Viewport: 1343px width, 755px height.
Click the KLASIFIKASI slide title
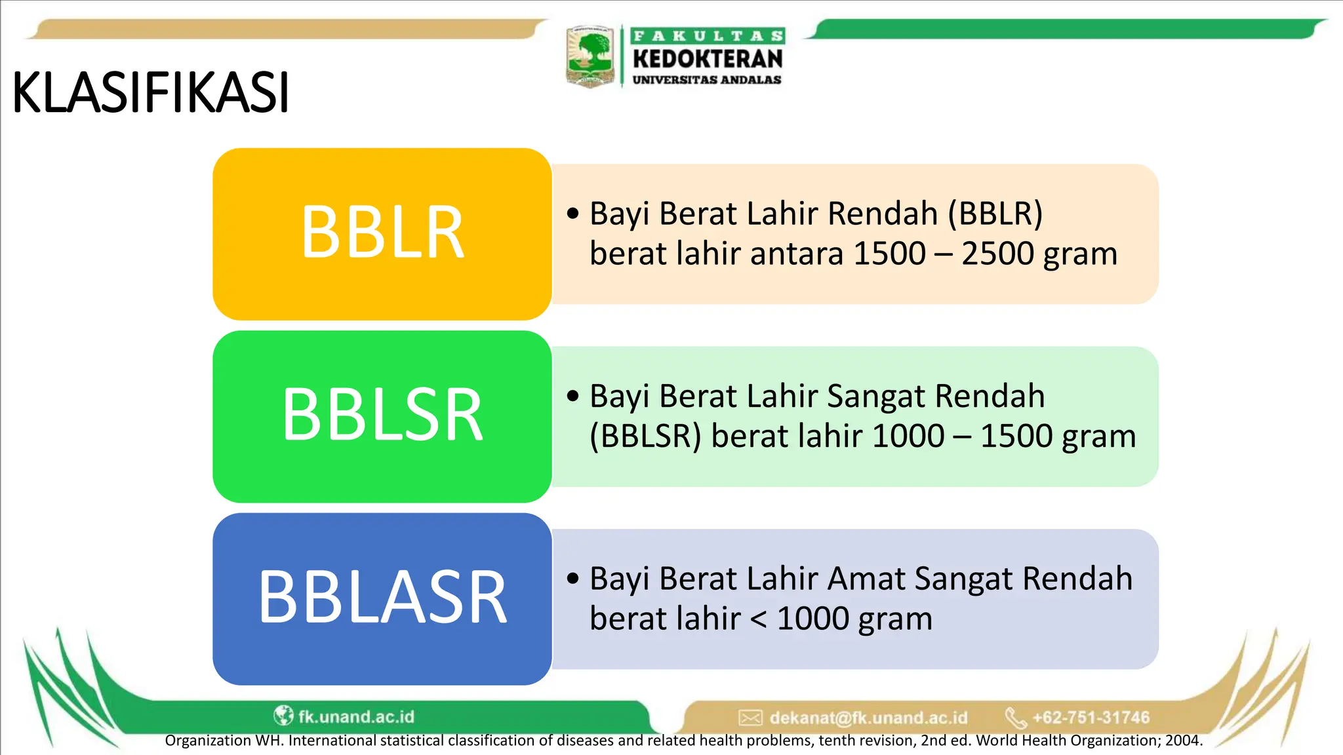[151, 93]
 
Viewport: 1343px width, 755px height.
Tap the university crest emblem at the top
[590, 56]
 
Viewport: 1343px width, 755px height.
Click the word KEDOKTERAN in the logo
[708, 58]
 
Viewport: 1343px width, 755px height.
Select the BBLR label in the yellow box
[382, 233]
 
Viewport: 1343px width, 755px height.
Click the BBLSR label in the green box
[382, 415]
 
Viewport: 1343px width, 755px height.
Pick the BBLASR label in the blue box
[382, 597]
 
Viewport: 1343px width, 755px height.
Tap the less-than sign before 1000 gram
[758, 619]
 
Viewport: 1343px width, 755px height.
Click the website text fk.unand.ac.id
[356, 716]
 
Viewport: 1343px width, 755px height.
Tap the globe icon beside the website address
[283, 715]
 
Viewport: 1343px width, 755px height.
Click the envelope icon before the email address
[750, 718]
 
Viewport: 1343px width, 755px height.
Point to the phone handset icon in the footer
[1016, 718]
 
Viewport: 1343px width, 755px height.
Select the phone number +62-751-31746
[1091, 718]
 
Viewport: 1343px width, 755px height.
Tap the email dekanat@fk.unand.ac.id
[868, 718]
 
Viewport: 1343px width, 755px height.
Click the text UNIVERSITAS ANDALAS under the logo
[707, 80]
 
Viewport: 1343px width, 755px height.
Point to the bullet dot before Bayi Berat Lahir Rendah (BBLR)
[573, 214]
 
